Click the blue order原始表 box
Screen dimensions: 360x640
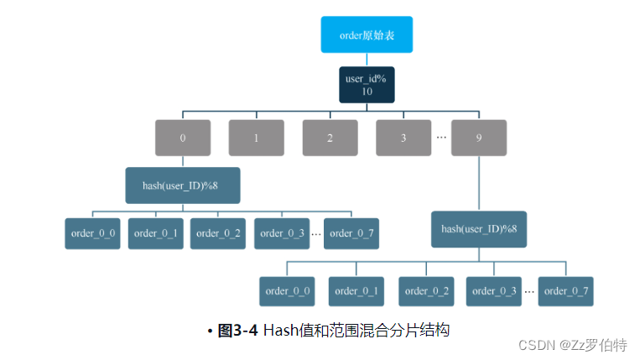[367, 35]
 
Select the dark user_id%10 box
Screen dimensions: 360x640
[367, 85]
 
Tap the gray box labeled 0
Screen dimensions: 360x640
[183, 138]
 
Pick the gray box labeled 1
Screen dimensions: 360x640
[256, 138]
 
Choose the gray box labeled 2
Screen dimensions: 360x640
[330, 138]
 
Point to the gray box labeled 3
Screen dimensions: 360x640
[403, 138]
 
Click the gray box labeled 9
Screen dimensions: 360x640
[479, 138]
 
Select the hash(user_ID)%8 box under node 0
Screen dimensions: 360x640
[183, 185]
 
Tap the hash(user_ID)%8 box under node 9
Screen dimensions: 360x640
[479, 228]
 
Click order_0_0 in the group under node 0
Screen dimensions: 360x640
[92, 233]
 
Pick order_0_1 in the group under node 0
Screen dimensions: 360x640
[155, 233]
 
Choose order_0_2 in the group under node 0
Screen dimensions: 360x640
[218, 233]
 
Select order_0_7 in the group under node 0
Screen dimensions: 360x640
[351, 233]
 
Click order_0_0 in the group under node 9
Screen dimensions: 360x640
[288, 290]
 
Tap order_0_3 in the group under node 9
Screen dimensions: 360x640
[495, 290]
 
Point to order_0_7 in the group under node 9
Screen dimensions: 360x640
[566, 290]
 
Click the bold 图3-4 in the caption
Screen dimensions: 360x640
[237, 331]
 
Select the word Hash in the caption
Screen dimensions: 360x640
[282, 331]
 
